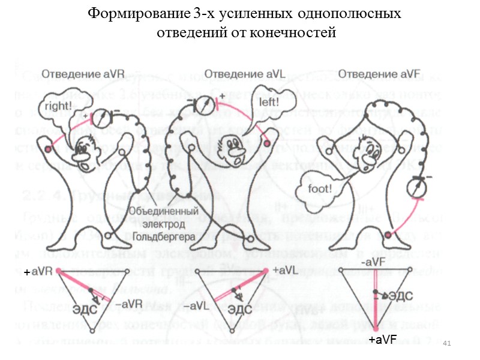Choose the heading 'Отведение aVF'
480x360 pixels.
click(x=379, y=74)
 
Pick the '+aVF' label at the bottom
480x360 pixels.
click(x=383, y=341)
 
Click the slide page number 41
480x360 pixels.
click(x=446, y=343)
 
